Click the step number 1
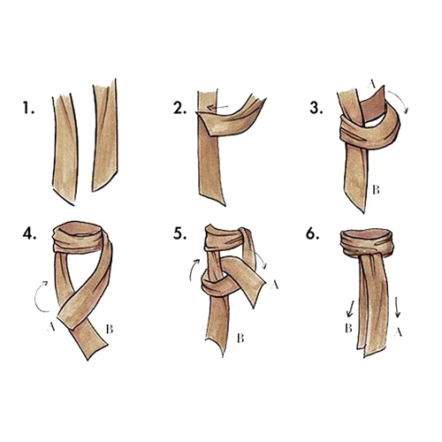28,108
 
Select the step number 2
179,108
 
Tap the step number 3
316,108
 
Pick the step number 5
179,233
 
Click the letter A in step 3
371,85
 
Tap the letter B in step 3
376,190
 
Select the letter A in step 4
51,326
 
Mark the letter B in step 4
110,329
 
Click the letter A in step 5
274,285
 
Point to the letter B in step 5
240,339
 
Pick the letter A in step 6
398,332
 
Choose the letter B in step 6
348,328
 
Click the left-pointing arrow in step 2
217,108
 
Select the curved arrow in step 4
38,295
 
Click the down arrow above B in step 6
350,309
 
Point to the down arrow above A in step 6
397,307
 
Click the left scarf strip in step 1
65,149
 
